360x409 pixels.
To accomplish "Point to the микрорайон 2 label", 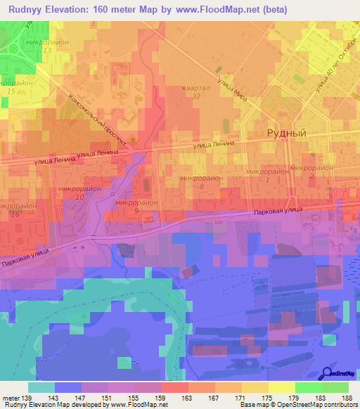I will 311,171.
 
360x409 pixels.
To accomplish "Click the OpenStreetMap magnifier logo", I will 328,373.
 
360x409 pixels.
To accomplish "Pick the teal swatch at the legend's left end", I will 41,387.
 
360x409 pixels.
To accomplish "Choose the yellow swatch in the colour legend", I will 282,387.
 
